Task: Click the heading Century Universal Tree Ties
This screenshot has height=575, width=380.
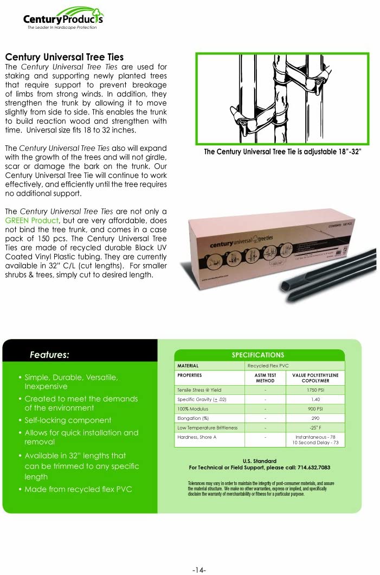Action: tap(64, 57)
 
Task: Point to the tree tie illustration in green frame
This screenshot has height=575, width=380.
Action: tap(282, 98)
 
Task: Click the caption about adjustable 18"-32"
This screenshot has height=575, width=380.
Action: tap(282, 151)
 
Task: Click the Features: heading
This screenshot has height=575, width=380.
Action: tap(49, 355)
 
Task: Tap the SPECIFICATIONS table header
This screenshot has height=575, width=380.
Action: tap(258, 355)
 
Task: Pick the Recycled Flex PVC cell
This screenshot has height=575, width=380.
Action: tap(269, 366)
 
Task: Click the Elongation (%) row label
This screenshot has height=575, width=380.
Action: tap(193, 418)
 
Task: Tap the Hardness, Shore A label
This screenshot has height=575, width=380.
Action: tap(197, 437)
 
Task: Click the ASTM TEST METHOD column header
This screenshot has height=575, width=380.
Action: tap(265, 378)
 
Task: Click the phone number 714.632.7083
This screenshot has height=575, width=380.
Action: tap(310, 468)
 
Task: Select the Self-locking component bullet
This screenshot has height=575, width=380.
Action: tap(68, 420)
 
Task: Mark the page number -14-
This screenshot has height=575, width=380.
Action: tap(199, 570)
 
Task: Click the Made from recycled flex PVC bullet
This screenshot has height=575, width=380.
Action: tap(78, 489)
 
